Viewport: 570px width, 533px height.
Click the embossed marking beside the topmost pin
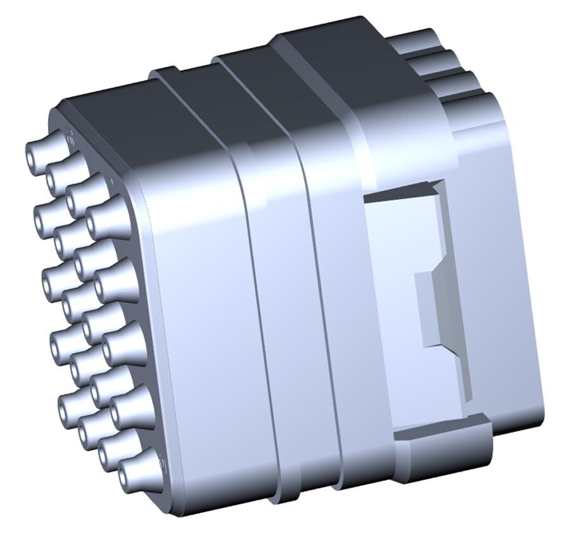tap(69, 135)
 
